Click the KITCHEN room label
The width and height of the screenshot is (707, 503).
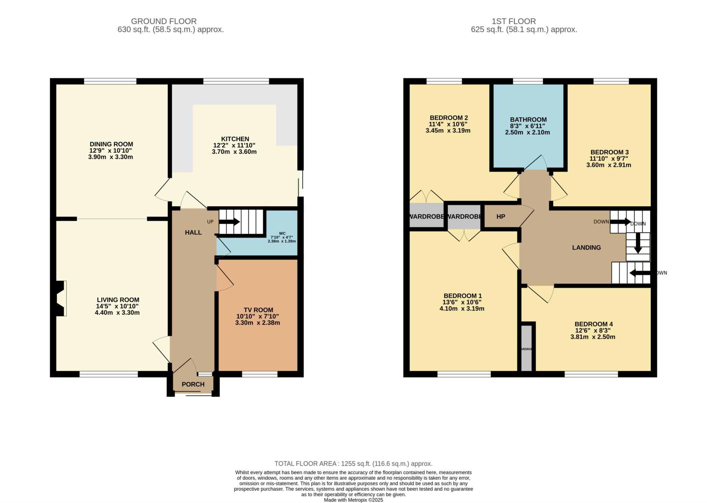tap(235, 139)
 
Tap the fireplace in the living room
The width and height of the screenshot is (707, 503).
tap(60, 298)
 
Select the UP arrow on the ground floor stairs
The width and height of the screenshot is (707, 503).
tap(229, 222)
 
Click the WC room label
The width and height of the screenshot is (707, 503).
tap(282, 233)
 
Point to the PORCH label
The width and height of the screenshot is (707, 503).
tap(193, 384)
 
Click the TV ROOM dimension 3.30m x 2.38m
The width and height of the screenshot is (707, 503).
tap(257, 323)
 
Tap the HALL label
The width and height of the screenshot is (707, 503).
tap(193, 232)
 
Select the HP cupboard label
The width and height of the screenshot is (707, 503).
tap(501, 217)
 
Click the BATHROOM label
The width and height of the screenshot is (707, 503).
tap(528, 120)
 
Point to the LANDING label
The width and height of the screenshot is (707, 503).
tap(586, 247)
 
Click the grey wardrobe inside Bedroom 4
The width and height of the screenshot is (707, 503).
tap(526, 348)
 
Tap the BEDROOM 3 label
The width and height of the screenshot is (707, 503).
tap(609, 152)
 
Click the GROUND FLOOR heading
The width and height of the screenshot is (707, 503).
tap(164, 21)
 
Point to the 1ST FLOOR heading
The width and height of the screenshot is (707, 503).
tap(513, 21)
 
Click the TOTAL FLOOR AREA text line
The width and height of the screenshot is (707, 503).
tap(353, 464)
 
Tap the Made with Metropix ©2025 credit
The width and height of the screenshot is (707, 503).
tap(353, 500)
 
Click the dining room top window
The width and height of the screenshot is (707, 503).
tap(110, 81)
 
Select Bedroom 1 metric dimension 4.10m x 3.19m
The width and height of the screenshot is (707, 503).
tap(462, 309)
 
